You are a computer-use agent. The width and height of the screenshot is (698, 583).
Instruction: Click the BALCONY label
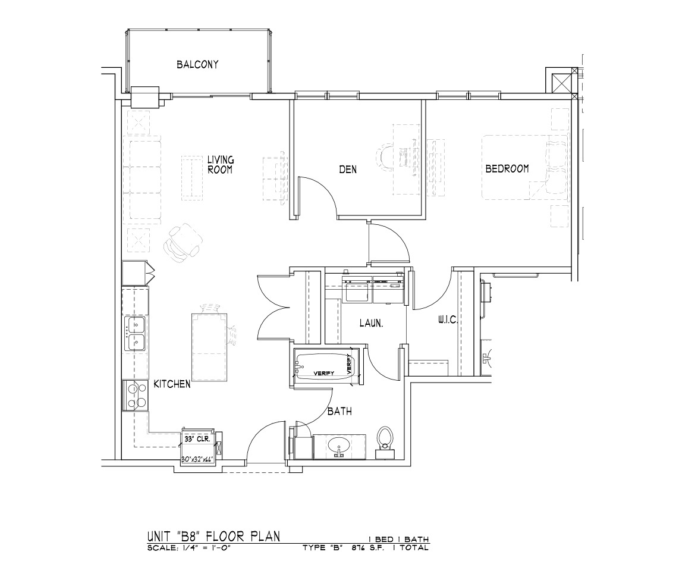pos(197,65)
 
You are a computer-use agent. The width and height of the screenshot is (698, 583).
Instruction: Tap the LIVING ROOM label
pos(221,164)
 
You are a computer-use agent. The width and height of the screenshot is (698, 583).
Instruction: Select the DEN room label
pos(348,169)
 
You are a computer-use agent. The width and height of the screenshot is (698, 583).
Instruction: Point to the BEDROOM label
pos(507,168)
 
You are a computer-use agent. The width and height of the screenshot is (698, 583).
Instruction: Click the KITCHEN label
pos(172,384)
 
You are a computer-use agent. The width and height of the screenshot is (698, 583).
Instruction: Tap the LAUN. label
pos(371,323)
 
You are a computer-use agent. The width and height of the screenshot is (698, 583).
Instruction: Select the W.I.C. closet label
pos(448,320)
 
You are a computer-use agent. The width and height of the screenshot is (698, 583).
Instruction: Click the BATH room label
pos(339,411)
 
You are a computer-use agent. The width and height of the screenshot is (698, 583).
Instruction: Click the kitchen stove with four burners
pos(136,396)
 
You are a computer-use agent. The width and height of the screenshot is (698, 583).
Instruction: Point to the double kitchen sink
pos(136,334)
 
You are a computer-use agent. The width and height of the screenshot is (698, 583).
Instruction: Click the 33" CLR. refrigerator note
pos(197,438)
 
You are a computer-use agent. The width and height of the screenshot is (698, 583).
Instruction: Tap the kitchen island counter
pos(209,347)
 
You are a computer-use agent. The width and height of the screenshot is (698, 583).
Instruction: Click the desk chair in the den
pos(386,156)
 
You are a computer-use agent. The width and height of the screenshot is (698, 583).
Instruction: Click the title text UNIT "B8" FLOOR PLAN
pos(213,536)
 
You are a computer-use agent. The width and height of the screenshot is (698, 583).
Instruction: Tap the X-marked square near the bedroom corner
pos(559,83)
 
